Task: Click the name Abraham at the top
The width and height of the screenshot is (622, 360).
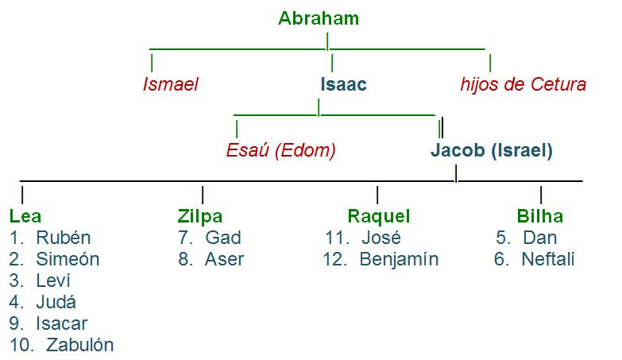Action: (319, 18)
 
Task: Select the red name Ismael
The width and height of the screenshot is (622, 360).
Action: (170, 84)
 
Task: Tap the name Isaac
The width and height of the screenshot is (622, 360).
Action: (343, 84)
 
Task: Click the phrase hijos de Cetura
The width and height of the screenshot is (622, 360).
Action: (523, 84)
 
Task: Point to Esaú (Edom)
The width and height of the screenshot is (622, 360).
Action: (281, 149)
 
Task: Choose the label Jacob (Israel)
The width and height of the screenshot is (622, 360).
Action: (492, 149)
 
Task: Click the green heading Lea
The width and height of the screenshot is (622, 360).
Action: (25, 216)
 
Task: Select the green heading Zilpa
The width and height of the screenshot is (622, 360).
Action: (200, 216)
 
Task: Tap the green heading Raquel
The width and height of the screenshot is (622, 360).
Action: (379, 216)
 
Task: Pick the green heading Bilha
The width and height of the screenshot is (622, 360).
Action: (539, 216)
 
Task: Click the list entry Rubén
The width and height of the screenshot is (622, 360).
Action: (63, 238)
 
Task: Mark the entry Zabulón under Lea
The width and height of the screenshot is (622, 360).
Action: (79, 345)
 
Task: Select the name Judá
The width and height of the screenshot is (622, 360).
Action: (58, 302)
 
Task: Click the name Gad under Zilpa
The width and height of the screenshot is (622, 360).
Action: (222, 238)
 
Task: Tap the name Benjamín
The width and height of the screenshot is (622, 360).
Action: (398, 259)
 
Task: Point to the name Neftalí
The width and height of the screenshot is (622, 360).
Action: (547, 259)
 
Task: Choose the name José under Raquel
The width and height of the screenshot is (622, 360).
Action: (381, 238)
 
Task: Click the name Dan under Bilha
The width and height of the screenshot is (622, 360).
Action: (539, 238)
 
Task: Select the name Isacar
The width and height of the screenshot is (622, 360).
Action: (61, 323)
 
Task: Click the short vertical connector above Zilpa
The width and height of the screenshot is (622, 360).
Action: (203, 194)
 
